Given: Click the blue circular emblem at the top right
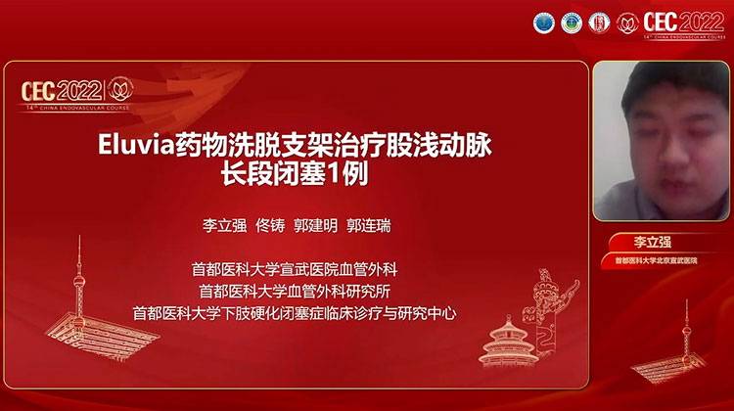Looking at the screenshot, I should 543,23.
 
